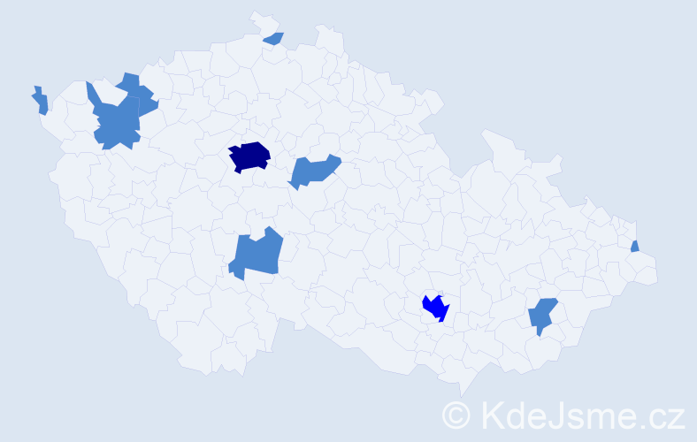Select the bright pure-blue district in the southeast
click(x=435, y=307)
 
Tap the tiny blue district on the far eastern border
click(x=635, y=247)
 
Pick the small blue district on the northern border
click(x=274, y=38)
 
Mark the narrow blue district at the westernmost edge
click(x=40, y=100)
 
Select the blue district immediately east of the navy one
click(x=313, y=170)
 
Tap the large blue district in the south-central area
click(x=257, y=254)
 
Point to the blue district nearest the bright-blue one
click(x=541, y=315)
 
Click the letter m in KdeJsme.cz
click(x=599, y=417)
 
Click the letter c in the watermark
click(x=658, y=417)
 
